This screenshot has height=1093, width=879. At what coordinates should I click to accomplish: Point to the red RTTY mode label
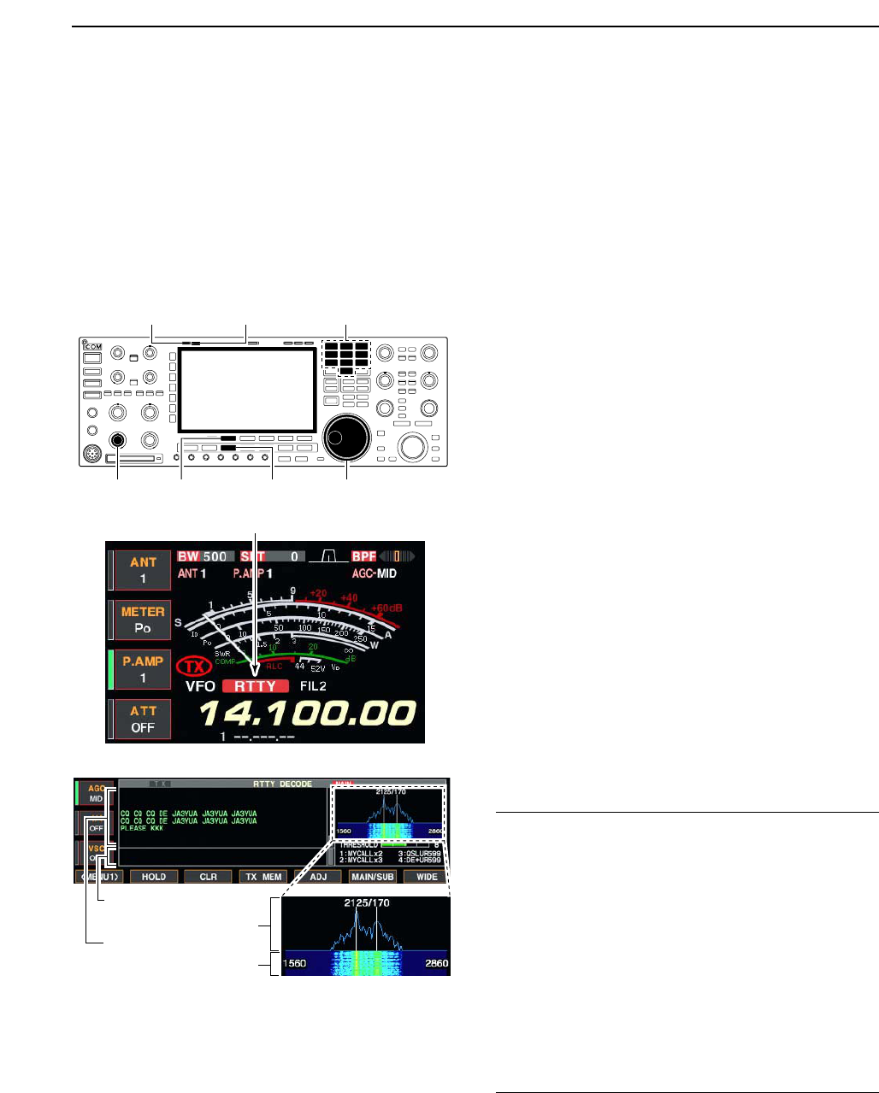[x=255, y=686]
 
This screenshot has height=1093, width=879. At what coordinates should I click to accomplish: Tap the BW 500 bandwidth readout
[x=204, y=556]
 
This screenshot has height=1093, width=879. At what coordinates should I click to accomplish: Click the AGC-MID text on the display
[x=375, y=573]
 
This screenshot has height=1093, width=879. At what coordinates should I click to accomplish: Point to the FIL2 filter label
[x=313, y=686]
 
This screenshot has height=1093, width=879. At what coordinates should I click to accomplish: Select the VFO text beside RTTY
[x=200, y=686]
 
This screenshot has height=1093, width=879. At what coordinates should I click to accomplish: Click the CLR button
[x=208, y=877]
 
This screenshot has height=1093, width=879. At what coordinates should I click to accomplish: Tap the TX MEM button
[x=263, y=877]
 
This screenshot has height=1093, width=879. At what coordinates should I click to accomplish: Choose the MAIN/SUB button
[x=373, y=877]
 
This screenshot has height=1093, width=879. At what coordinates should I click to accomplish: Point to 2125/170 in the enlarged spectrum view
[x=366, y=903]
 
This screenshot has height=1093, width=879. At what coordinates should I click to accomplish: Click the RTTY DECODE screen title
[x=283, y=784]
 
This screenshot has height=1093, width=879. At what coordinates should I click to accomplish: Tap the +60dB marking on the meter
[x=386, y=608]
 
